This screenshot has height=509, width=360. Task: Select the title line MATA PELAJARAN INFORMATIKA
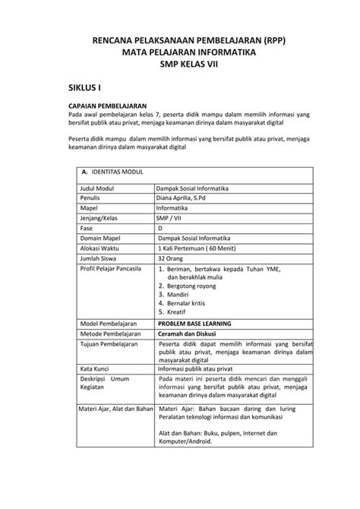point(179,52)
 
